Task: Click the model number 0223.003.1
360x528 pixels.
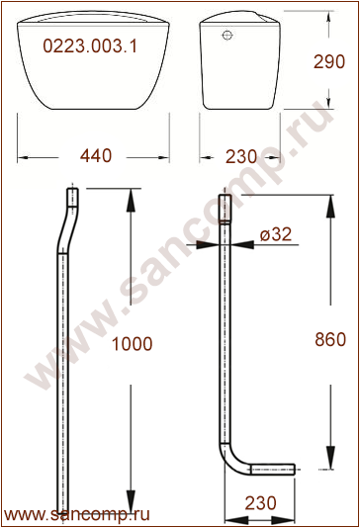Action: coord(90,45)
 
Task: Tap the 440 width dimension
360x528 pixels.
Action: coord(96,156)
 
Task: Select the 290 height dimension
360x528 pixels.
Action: coord(329,61)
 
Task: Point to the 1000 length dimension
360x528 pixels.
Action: coord(132,344)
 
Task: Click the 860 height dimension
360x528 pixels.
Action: coord(330,339)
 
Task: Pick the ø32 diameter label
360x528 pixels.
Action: coord(276,234)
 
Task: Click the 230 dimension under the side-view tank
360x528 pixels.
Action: coord(241,157)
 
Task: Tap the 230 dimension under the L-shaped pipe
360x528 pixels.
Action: coord(261,503)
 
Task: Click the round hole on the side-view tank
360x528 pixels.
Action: coord(227,35)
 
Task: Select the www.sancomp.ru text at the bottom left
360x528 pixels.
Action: coord(77,515)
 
